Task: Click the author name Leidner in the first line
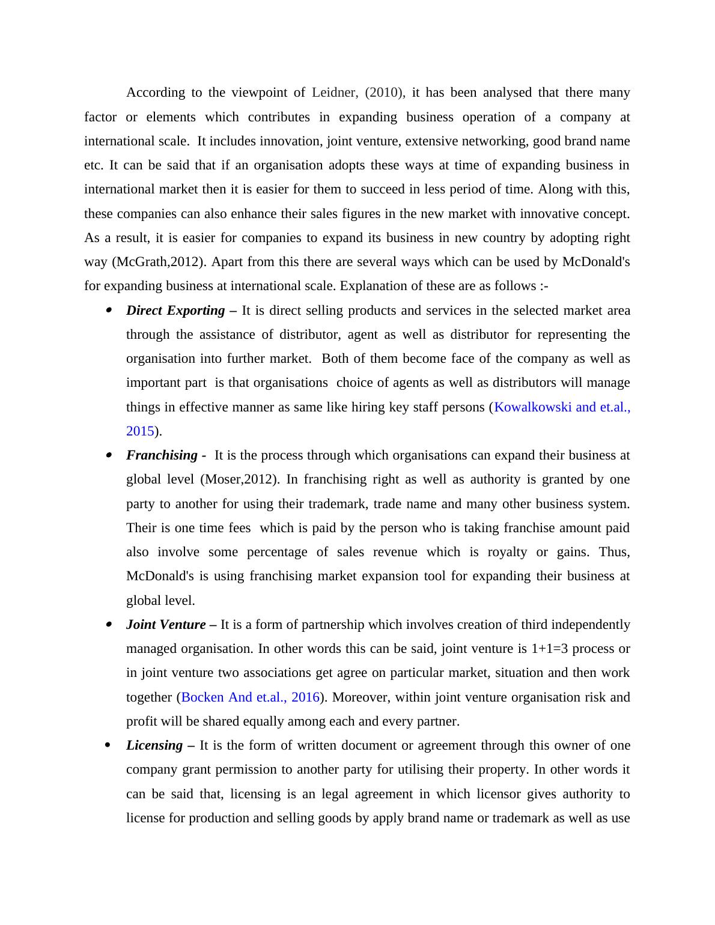335,92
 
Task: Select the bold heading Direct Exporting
175,311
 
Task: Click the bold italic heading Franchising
162,455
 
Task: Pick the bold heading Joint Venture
166,625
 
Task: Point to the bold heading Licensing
154,745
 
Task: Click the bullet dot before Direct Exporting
109,311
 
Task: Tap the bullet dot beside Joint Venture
109,625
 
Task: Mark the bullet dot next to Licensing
108,745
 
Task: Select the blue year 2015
140,431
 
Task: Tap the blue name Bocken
202,697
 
